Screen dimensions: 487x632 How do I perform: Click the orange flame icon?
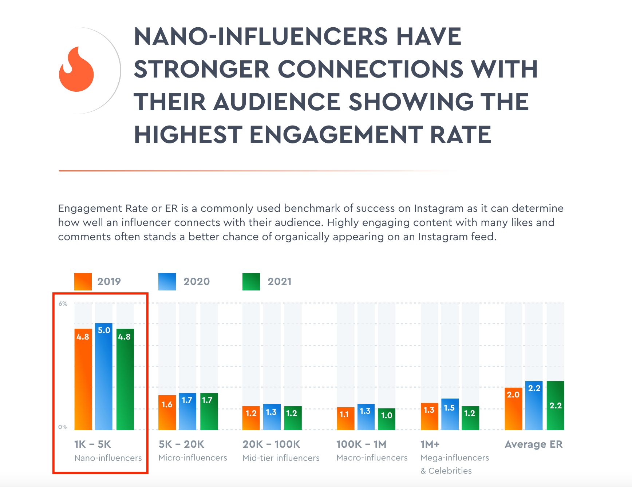point(76,70)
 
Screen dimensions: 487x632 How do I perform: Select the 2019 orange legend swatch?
point(83,281)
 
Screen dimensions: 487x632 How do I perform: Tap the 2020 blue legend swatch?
point(167,281)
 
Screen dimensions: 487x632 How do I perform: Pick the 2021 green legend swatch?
point(251,281)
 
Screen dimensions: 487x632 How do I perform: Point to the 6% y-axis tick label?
point(63,304)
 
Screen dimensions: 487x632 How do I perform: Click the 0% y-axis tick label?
point(63,427)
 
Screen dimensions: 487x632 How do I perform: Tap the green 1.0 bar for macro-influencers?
point(387,419)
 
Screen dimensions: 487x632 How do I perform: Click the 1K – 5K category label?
point(92,444)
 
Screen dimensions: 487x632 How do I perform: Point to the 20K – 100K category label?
point(271,444)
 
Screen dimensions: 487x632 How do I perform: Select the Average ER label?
point(534,444)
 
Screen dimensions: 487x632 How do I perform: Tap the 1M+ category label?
point(430,444)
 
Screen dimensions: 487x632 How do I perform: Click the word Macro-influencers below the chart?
point(372,458)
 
